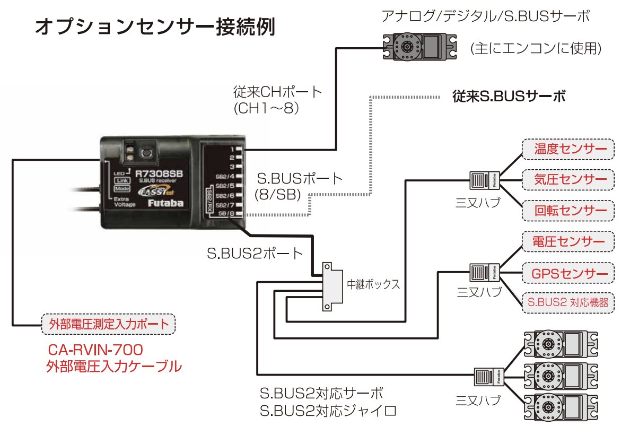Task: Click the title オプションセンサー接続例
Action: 155,27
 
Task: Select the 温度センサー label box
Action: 568,149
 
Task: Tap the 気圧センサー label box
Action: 568,180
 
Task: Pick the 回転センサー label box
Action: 568,211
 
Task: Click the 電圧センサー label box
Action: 568,242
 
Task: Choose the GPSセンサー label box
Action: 568,274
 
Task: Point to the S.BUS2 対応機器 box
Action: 568,303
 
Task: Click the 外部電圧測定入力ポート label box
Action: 108,324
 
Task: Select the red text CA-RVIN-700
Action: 95,350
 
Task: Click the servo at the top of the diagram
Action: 419,46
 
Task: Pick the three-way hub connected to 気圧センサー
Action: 483,180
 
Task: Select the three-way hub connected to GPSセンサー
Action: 483,272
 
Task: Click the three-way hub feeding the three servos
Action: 487,377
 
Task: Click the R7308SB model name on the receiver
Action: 159,173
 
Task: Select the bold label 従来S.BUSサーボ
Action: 509,97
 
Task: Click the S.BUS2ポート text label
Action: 255,254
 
